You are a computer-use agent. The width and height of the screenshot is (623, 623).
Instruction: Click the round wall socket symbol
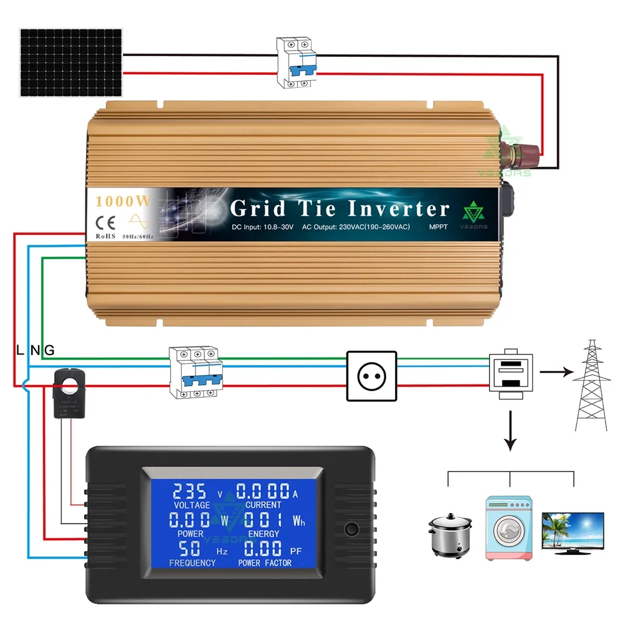[x=371, y=375]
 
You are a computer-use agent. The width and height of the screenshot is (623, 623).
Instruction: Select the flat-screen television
[x=573, y=531]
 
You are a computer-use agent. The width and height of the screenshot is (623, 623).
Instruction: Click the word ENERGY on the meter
[x=263, y=534]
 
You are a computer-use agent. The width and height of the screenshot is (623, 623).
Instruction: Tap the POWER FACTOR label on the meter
[x=265, y=563]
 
